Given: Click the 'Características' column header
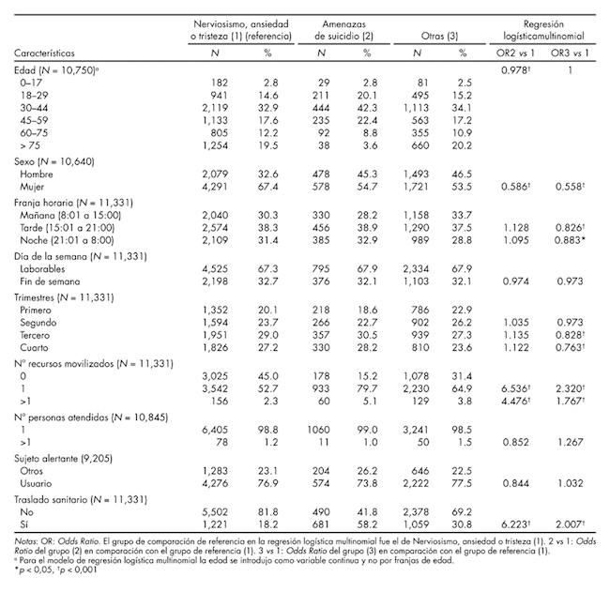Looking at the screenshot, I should (46, 53).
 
